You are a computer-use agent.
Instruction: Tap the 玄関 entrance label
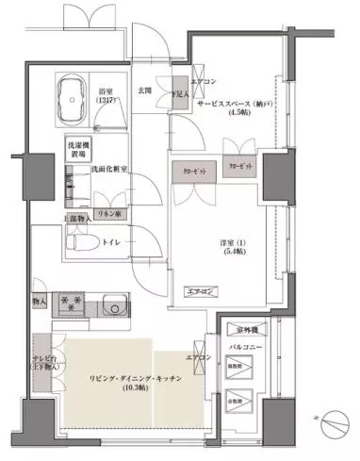(x=145, y=91)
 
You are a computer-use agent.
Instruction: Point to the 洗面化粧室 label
(x=111, y=170)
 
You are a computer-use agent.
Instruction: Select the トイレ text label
(x=112, y=241)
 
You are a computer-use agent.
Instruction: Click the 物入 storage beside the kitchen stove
(x=39, y=303)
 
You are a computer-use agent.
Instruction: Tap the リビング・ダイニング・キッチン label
(x=122, y=374)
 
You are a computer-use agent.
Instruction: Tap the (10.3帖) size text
(x=122, y=387)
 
